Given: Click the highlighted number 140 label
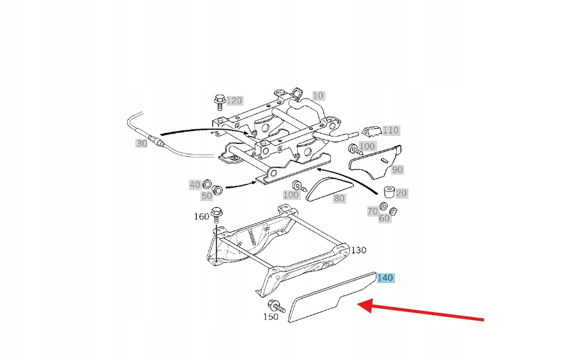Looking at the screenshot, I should (384, 278).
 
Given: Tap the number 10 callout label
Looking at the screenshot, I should (317, 95).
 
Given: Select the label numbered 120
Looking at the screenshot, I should (234, 100).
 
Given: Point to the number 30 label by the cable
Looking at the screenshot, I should (141, 143).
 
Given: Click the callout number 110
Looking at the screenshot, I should (391, 130).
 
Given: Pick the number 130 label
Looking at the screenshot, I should (359, 250).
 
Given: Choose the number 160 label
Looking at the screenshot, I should (202, 216).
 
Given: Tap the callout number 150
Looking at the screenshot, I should (271, 317).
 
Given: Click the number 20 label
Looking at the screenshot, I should (401, 193).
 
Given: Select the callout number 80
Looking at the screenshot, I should (339, 198).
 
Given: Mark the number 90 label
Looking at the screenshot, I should (397, 169).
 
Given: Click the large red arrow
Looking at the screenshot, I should (424, 312).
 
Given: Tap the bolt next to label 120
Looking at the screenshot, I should (219, 101).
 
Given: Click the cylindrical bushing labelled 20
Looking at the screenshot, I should (389, 191).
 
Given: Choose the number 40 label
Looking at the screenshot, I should (195, 185).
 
